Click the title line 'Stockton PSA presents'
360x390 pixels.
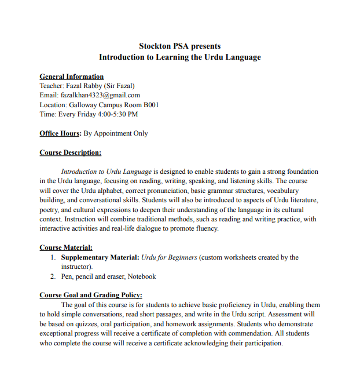(179, 46)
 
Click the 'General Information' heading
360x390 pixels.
(71, 76)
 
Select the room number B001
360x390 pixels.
(151, 105)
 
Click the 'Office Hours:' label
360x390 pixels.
(60, 133)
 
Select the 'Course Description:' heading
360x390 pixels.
(70, 152)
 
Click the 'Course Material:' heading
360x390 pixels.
(65, 247)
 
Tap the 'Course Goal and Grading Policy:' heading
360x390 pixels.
(90, 295)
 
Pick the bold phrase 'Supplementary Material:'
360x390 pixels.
(100, 257)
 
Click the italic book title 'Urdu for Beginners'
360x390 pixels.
(170, 257)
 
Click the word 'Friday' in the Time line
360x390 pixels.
(86, 114)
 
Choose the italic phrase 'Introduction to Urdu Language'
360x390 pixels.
(106, 172)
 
